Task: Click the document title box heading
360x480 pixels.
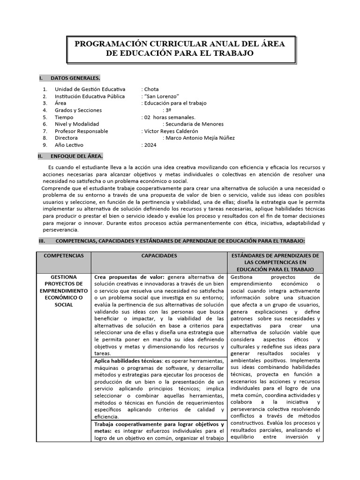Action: pyautogui.click(x=180, y=49)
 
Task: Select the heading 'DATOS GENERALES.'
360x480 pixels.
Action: pyautogui.click(x=75, y=78)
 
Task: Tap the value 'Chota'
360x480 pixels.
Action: pyautogui.click(x=152, y=89)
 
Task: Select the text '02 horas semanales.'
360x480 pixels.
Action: pyautogui.click(x=169, y=117)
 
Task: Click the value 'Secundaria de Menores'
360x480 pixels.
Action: pyautogui.click(x=193, y=124)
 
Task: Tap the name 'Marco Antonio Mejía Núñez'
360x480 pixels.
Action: pyautogui.click(x=199, y=138)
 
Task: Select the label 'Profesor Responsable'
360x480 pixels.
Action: pyautogui.click(x=81, y=131)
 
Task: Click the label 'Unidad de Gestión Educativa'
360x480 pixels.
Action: pyautogui.click(x=90, y=89)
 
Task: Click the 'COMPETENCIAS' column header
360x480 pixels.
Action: pyautogui.click(x=64, y=256)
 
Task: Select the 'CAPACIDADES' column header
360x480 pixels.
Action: pyautogui.click(x=159, y=256)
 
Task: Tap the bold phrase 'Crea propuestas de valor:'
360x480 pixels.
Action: pyautogui.click(x=129, y=277)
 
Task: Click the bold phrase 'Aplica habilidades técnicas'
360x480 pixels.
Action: pyautogui.click(x=127, y=361)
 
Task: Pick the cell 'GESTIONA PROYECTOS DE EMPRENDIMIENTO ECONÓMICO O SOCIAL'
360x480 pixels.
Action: pyautogui.click(x=64, y=291)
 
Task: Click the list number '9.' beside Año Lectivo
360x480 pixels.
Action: pyautogui.click(x=45, y=145)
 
